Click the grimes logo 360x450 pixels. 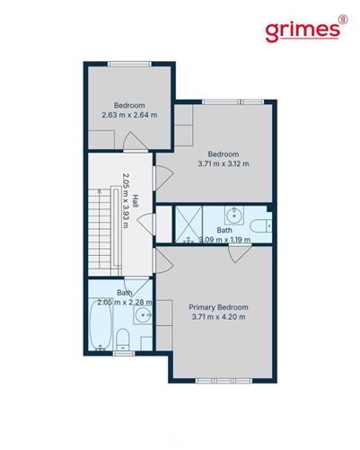click(x=303, y=29)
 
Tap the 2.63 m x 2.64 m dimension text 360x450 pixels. click(x=129, y=115)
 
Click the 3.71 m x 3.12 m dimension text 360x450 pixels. click(x=224, y=163)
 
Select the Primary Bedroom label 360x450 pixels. click(x=219, y=307)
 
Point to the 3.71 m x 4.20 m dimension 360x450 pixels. click(x=219, y=318)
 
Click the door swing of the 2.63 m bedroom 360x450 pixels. click(x=131, y=143)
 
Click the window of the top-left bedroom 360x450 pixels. click(x=129, y=63)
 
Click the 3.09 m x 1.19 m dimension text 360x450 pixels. click(x=224, y=240)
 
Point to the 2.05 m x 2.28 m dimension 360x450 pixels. click(x=126, y=302)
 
